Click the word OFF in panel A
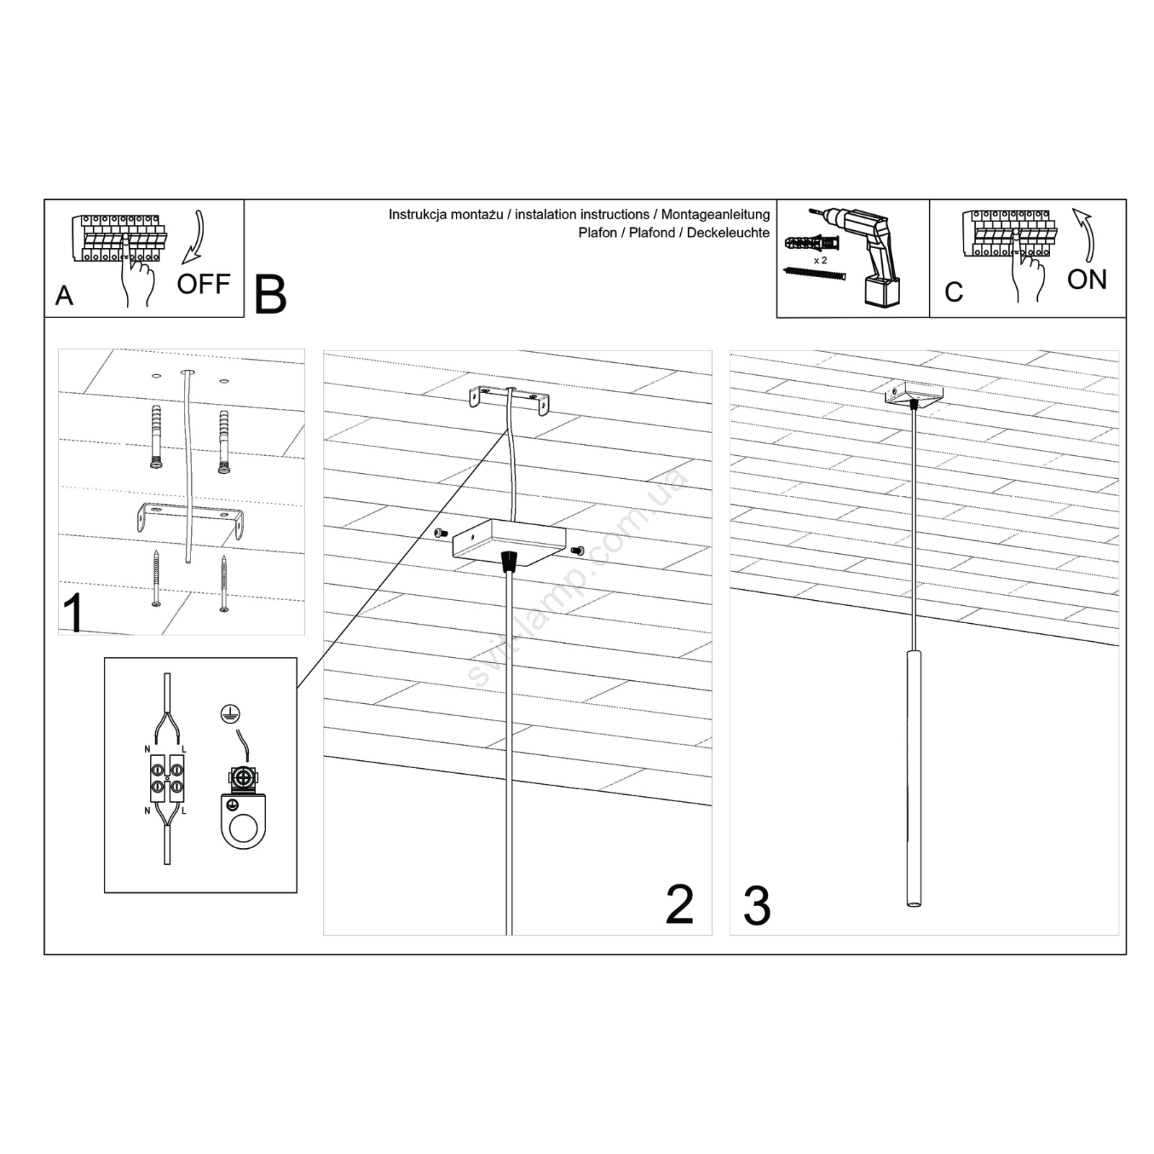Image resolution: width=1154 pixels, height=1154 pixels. pyautogui.click(x=203, y=284)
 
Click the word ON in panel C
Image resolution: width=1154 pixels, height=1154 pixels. pyautogui.click(x=1087, y=279)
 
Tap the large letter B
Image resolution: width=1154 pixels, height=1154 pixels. pyautogui.click(x=270, y=294)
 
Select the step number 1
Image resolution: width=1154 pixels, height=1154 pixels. pyautogui.click(x=73, y=613)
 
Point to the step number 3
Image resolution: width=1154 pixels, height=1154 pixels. pyautogui.click(x=757, y=907)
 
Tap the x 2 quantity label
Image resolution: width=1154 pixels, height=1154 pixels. pyautogui.click(x=821, y=260)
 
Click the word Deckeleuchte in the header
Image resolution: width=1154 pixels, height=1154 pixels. pyautogui.click(x=728, y=233)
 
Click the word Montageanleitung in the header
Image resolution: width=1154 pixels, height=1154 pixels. pyautogui.click(x=715, y=214)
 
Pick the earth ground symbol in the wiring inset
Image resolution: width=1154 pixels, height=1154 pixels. pyautogui.click(x=230, y=714)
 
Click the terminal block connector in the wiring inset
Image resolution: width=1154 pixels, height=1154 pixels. pyautogui.click(x=167, y=778)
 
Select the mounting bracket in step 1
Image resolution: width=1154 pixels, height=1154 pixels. pyautogui.click(x=190, y=521)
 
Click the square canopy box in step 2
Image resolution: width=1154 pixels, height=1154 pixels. pyautogui.click(x=509, y=543)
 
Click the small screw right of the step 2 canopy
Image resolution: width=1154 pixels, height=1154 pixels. pyautogui.click(x=577, y=551)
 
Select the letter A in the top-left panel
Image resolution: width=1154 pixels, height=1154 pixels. pyautogui.click(x=64, y=296)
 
